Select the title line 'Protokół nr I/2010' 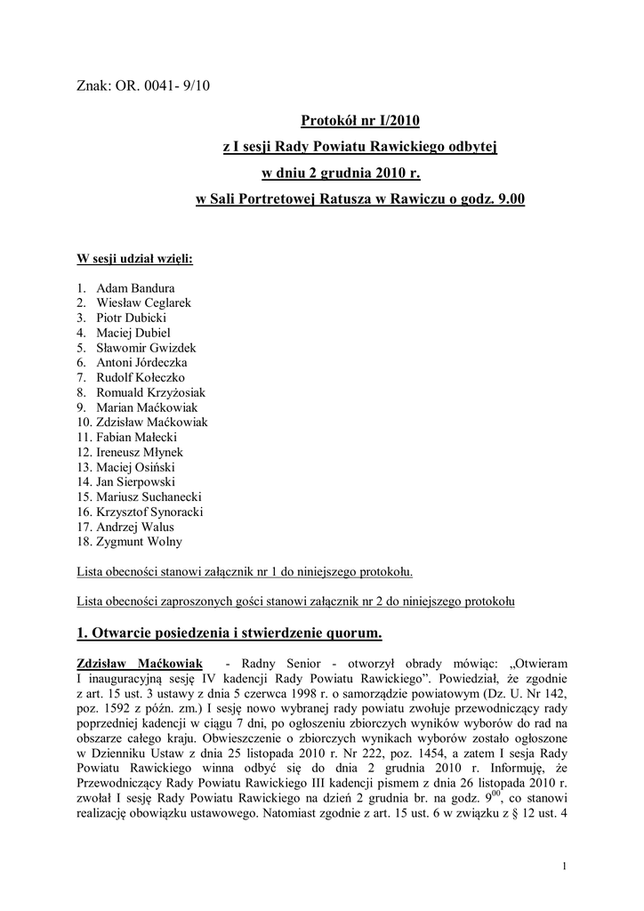(x=359, y=120)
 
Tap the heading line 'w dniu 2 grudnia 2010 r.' (x=359, y=173)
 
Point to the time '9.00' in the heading (x=511, y=199)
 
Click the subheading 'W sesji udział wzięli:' (x=135, y=260)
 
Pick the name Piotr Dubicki (x=133, y=317)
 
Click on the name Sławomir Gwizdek (x=146, y=348)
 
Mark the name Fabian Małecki (x=138, y=438)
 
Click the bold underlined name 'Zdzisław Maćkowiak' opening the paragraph (x=140, y=665)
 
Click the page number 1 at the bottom (x=565, y=867)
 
